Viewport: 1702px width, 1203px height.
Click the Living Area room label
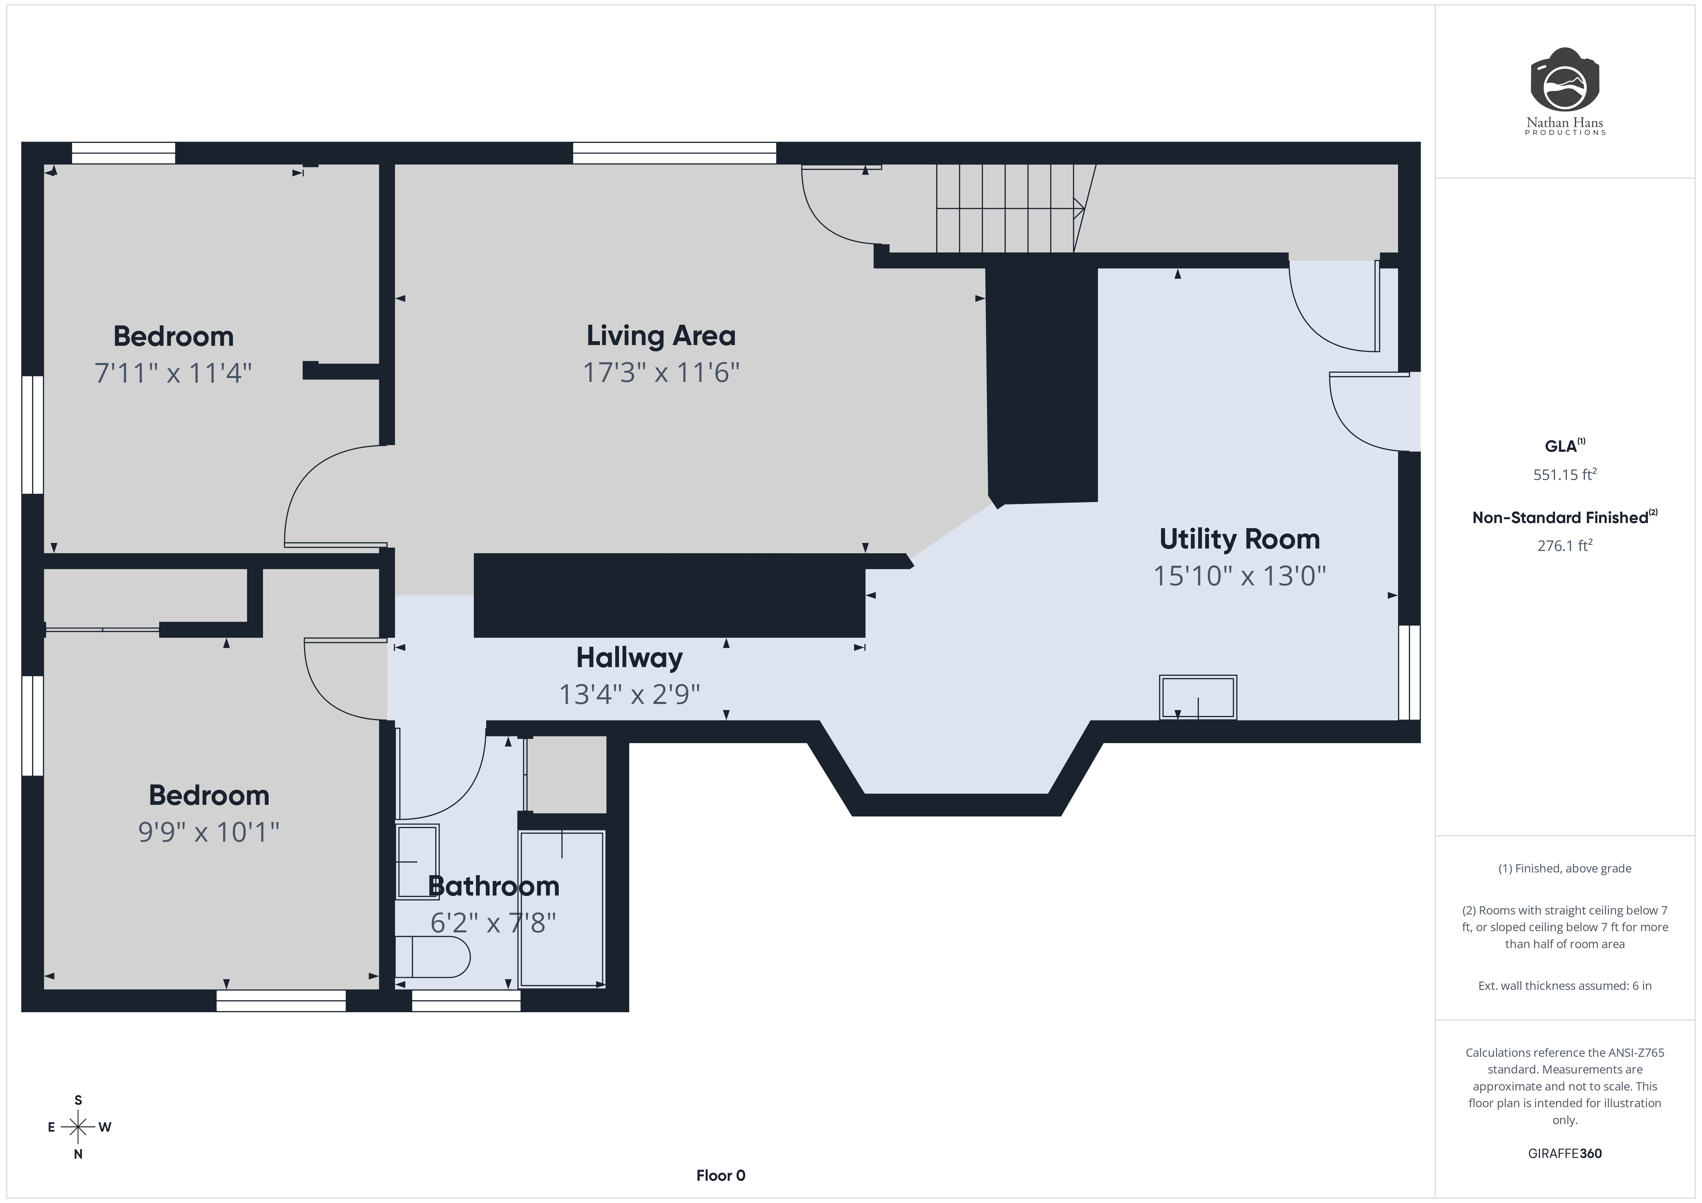[661, 336]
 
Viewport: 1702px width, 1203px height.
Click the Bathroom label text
[494, 886]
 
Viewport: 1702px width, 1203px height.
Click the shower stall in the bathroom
[562, 910]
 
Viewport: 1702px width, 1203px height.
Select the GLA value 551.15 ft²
[1564, 474]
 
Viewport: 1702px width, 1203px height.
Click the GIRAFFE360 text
[1564, 1153]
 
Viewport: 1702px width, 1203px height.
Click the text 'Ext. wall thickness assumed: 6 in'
[1564, 986]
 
